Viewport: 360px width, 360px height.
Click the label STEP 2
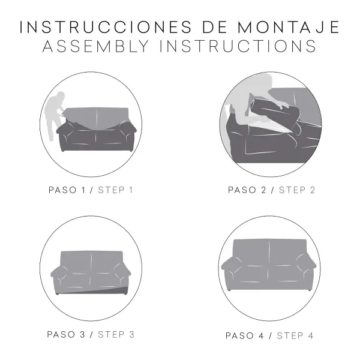(x=297, y=190)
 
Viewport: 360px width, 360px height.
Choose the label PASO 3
(x=68, y=334)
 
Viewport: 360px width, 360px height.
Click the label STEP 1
(x=114, y=190)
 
